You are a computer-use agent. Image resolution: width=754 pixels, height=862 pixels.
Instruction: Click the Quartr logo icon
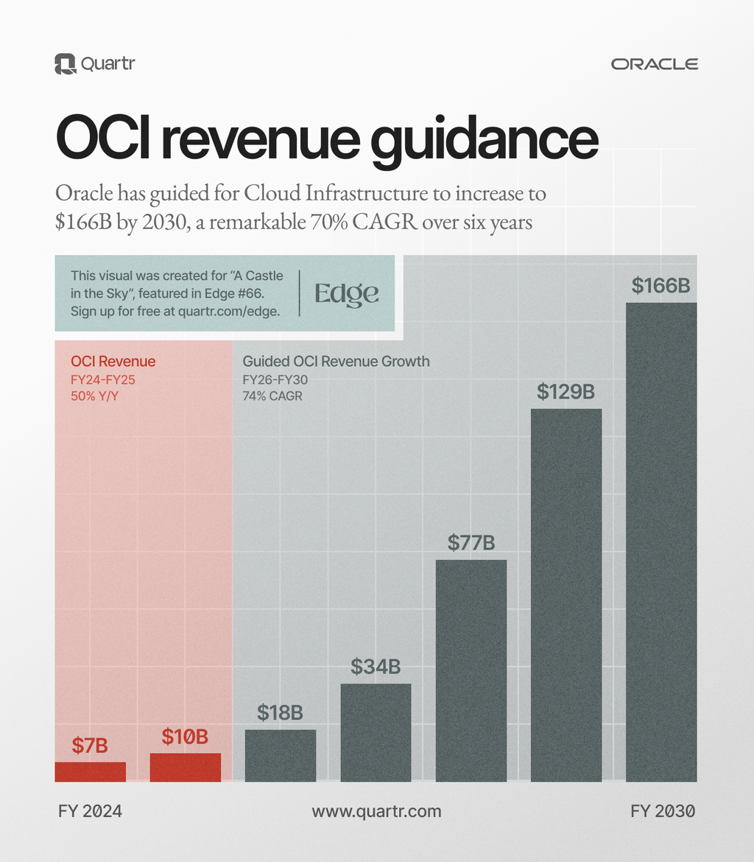(66, 64)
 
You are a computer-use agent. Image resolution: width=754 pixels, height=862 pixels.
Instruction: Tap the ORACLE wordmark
(655, 64)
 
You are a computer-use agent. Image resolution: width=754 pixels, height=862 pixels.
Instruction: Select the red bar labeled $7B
(90, 771)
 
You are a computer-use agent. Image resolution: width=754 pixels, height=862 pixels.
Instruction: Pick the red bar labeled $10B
(186, 767)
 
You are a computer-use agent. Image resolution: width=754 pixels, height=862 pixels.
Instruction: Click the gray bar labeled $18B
(281, 755)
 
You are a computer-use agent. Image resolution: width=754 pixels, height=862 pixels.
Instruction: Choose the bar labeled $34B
(376, 732)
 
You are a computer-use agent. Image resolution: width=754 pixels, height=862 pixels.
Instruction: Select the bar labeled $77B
(471, 670)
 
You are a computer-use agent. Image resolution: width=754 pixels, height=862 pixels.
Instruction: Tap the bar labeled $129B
(566, 595)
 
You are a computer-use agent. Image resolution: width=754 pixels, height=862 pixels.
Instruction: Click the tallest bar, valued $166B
(661, 542)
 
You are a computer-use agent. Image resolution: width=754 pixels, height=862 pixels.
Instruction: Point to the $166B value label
(660, 286)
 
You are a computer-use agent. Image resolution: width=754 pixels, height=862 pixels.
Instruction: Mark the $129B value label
(565, 392)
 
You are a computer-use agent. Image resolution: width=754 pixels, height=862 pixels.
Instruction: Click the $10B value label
(185, 736)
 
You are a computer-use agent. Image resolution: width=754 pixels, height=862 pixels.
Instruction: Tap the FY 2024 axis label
(90, 811)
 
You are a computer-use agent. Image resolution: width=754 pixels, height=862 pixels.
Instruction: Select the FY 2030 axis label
(663, 811)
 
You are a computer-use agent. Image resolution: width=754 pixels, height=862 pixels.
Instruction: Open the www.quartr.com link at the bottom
(376, 811)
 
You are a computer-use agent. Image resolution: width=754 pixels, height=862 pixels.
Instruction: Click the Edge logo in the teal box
(347, 293)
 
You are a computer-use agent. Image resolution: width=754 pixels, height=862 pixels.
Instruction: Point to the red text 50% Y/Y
(94, 396)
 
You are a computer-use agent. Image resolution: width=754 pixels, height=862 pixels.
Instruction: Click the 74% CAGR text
(272, 396)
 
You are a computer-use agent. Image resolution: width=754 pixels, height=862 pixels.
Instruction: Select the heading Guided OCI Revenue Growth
(336, 362)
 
